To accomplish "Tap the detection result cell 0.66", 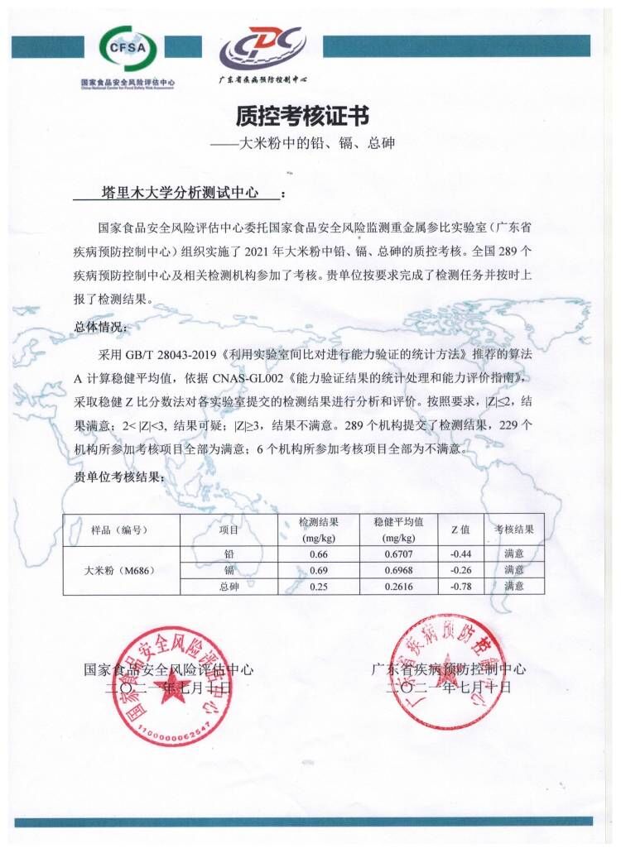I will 319,553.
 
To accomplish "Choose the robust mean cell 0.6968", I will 399,570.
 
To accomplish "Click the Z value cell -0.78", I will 460,587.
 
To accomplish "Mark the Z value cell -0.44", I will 460,553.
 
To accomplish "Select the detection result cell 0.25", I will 319,587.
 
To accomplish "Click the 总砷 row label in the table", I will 229,587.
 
